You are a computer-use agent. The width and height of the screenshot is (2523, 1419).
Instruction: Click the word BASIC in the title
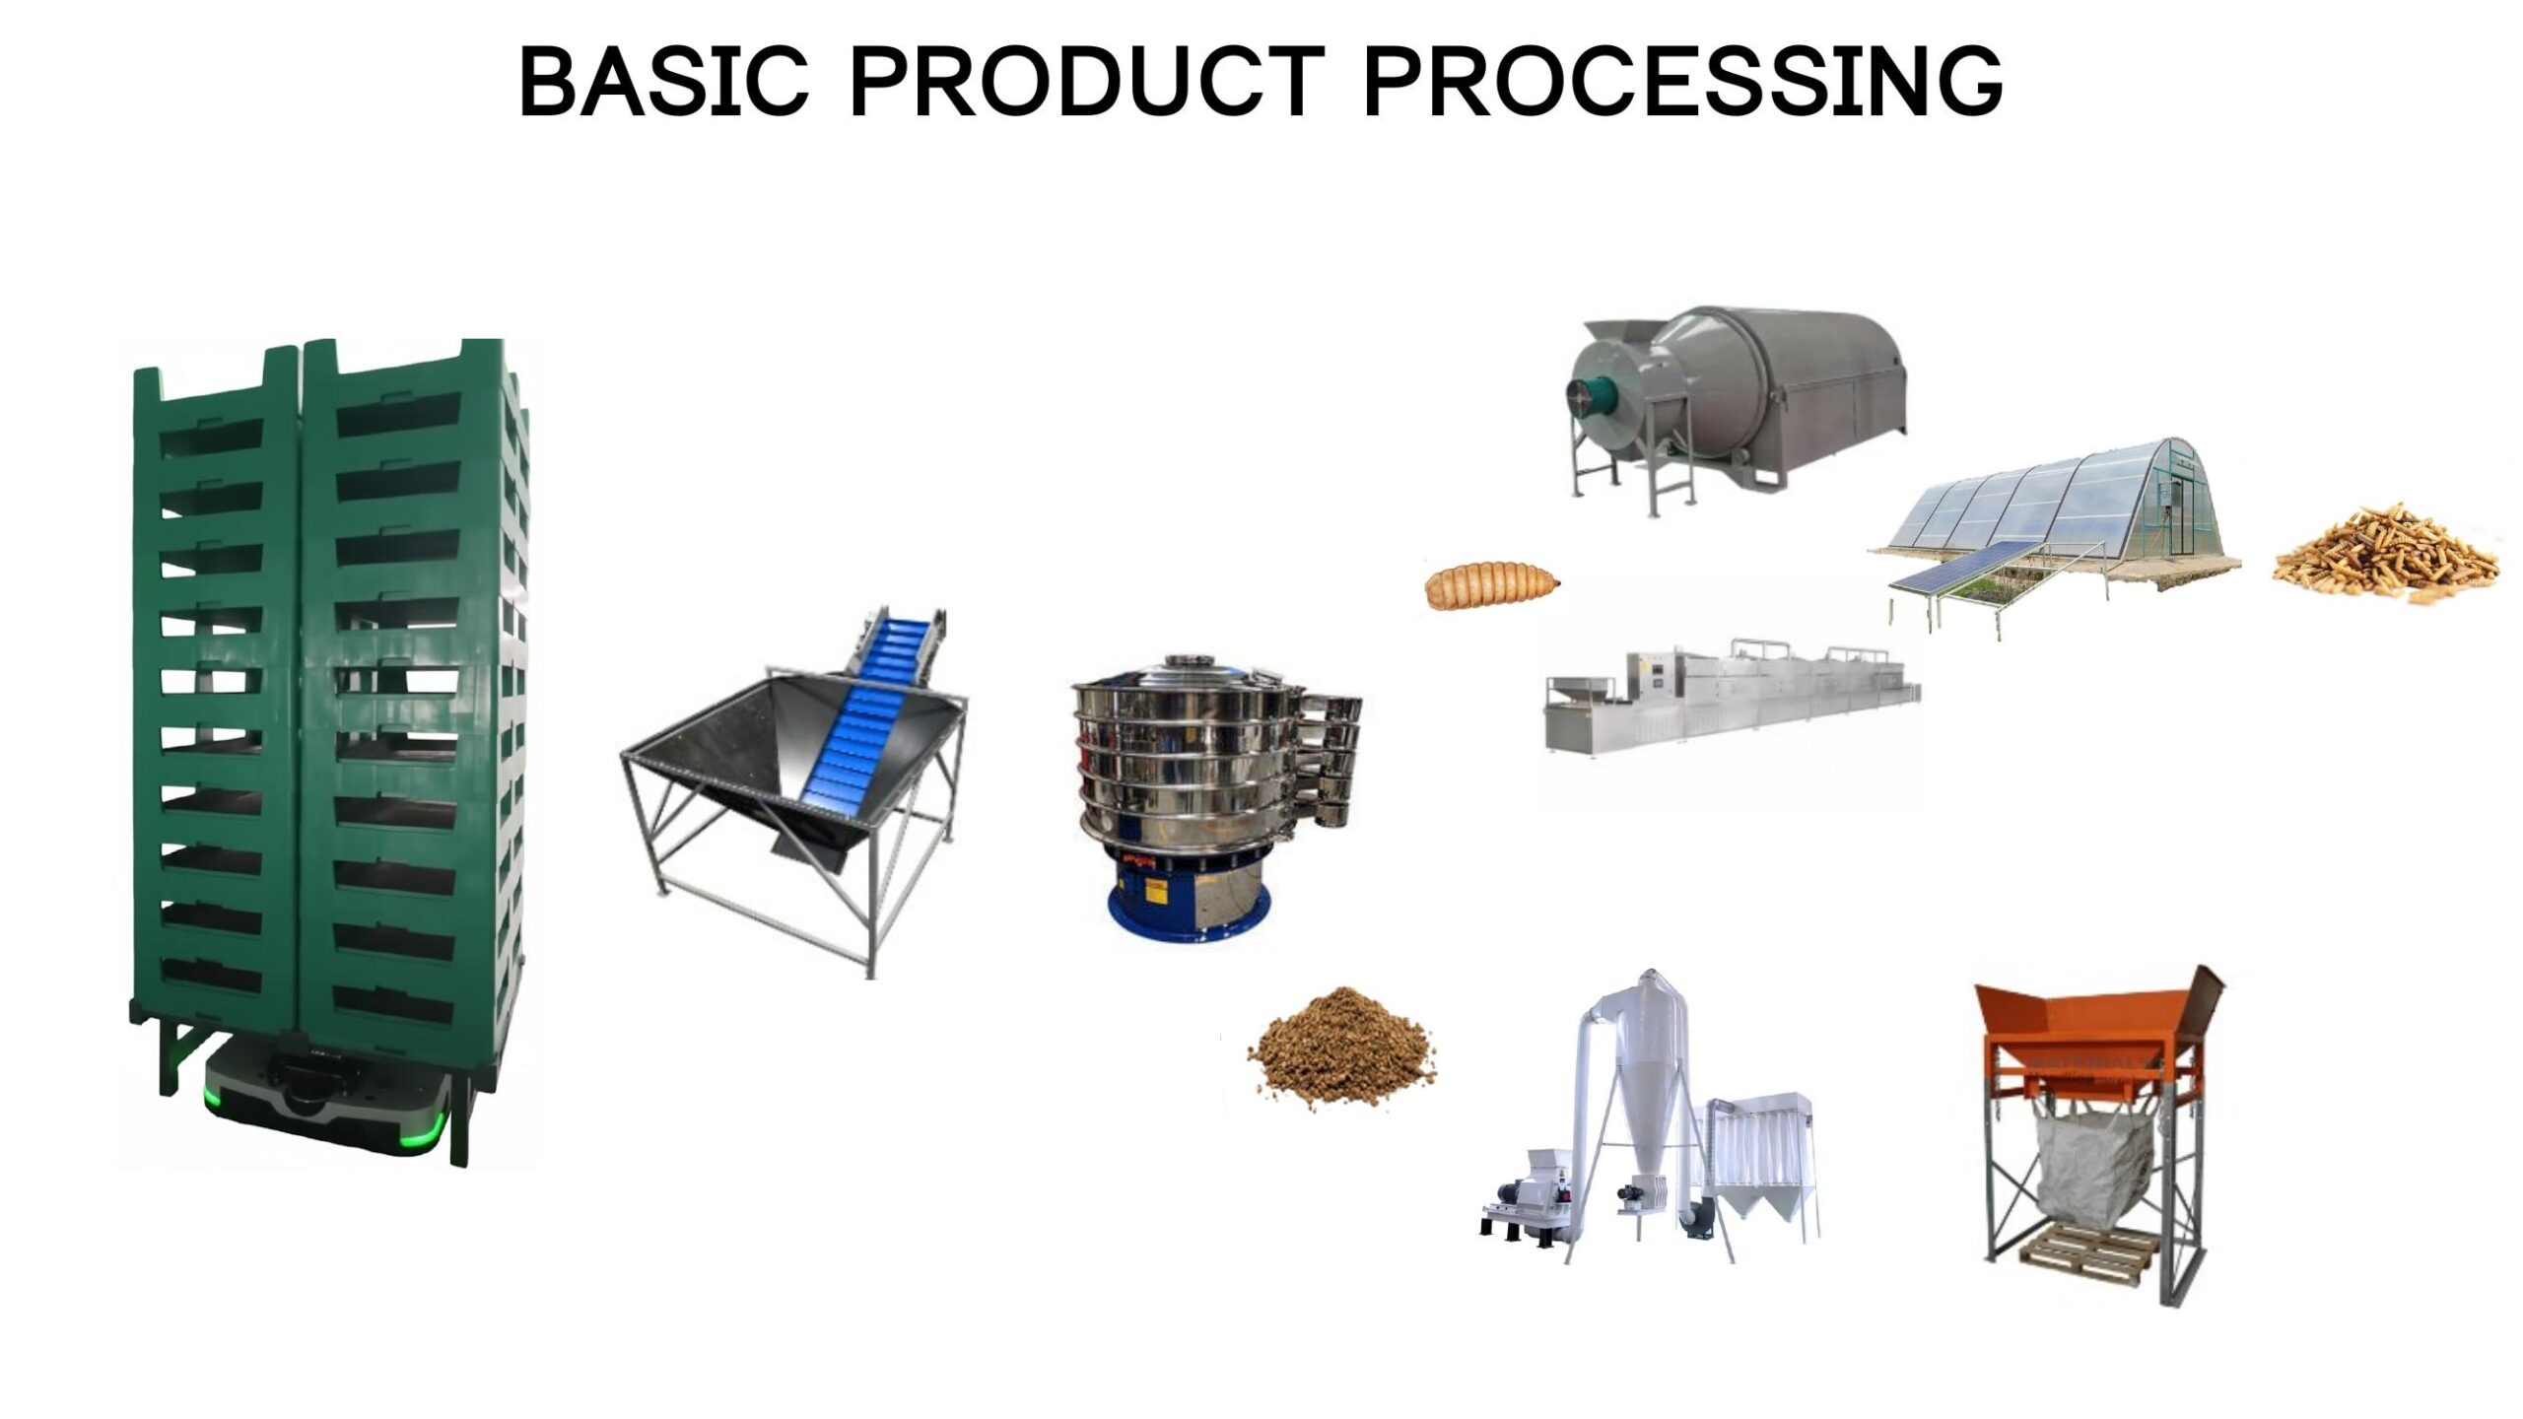tap(663, 81)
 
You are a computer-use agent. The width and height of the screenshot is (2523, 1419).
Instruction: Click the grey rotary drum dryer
tap(1774, 384)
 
